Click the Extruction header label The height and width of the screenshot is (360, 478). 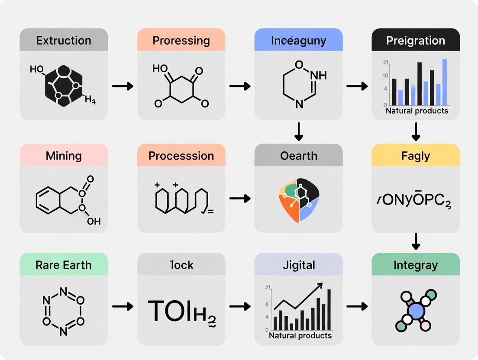tap(64, 41)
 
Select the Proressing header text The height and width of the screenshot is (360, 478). tap(181, 41)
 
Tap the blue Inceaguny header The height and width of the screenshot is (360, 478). tap(298, 41)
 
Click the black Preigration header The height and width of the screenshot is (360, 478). tap(416, 41)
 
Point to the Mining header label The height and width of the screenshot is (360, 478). tap(64, 156)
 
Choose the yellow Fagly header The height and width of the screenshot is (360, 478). tap(416, 156)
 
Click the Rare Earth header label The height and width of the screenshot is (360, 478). tap(64, 265)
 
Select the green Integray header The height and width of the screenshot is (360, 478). tap(416, 265)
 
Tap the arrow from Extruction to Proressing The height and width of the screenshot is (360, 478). tap(123, 86)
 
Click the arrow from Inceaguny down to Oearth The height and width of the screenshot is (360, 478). tap(298, 132)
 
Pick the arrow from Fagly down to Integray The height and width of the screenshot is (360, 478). tap(416, 241)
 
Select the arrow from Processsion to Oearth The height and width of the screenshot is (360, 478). tap(240, 199)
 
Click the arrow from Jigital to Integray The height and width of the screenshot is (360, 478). tap(357, 306)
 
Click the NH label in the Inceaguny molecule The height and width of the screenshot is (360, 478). tap(318, 75)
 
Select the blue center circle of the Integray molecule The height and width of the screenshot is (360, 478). tap(416, 311)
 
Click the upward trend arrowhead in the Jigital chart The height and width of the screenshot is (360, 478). tap(320, 286)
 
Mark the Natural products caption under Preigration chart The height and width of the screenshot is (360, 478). tap(416, 111)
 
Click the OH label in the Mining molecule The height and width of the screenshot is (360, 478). tap(94, 221)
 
